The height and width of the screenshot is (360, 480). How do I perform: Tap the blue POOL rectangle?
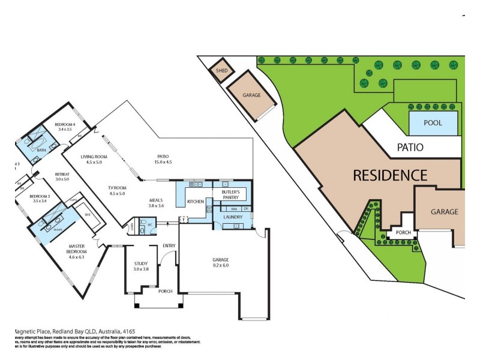pos(433,123)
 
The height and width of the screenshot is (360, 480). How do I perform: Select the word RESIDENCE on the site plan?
pos(390,175)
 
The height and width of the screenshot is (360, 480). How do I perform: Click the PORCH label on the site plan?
pos(400,233)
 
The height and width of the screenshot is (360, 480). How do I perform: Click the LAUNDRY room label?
pos(232,217)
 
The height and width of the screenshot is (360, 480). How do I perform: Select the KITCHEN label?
pos(196,201)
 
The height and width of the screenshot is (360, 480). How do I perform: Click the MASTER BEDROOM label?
pos(77,250)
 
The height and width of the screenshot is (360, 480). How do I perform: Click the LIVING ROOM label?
pos(94,159)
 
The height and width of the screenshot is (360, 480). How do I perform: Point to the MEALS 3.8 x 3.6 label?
pos(156,203)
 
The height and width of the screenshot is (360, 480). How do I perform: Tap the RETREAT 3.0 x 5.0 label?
pos(62,176)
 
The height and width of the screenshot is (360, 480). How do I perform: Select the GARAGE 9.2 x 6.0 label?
pos(221,262)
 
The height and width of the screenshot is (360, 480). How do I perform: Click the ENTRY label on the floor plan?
pos(169,245)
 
